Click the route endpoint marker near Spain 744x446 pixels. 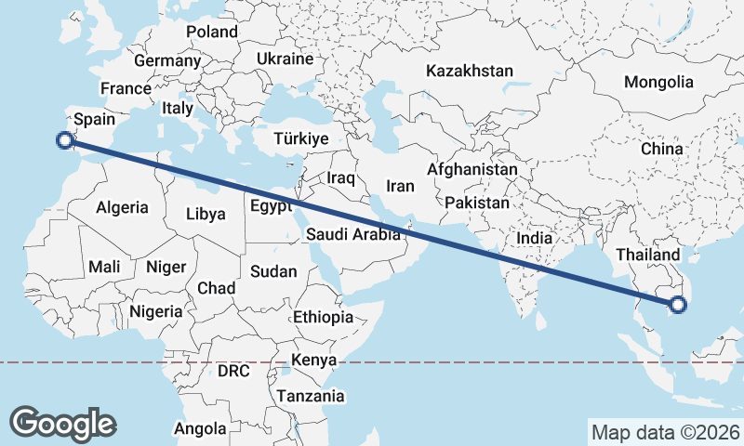(x=64, y=140)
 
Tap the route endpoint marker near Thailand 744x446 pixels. (x=677, y=303)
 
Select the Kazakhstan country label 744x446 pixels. (x=470, y=71)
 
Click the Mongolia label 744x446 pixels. (x=658, y=82)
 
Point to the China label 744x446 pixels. (x=661, y=149)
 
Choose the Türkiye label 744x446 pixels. (x=301, y=138)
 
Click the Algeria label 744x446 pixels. (x=123, y=207)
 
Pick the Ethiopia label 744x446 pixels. (x=323, y=317)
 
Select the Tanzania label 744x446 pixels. (x=310, y=396)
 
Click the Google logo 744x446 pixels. (x=62, y=423)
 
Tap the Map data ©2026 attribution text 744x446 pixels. (x=665, y=431)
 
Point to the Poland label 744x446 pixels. (x=212, y=32)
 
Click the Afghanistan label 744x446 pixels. (x=472, y=170)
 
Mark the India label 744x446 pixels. (x=534, y=238)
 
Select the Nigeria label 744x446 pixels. (x=156, y=311)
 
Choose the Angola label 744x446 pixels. (x=200, y=428)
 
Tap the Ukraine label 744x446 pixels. (x=285, y=59)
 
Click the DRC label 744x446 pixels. (x=233, y=371)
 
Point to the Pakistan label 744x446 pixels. (x=477, y=202)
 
